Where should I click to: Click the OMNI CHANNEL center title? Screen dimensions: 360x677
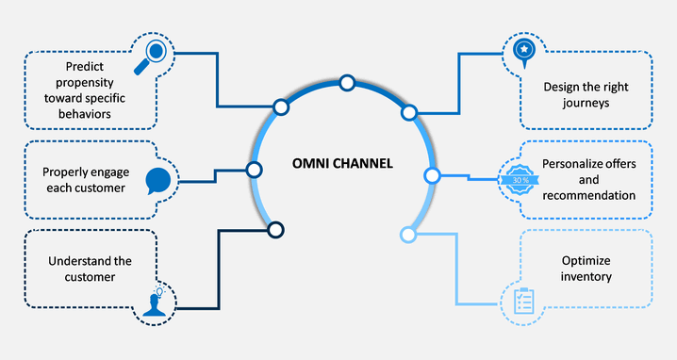[341, 164]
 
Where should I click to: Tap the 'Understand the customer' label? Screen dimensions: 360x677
[77, 269]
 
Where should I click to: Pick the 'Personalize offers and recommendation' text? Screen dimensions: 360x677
[588, 179]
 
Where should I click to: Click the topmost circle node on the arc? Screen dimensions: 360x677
[346, 84]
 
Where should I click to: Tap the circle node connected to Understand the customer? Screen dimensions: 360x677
[275, 229]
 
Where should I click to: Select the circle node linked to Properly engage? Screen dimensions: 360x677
[253, 170]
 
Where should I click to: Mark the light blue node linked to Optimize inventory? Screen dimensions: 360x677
[408, 233]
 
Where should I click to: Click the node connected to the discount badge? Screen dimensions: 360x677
[432, 174]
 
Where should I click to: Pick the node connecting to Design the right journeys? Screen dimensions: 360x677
[409, 112]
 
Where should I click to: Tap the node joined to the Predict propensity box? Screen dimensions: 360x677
[280, 106]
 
